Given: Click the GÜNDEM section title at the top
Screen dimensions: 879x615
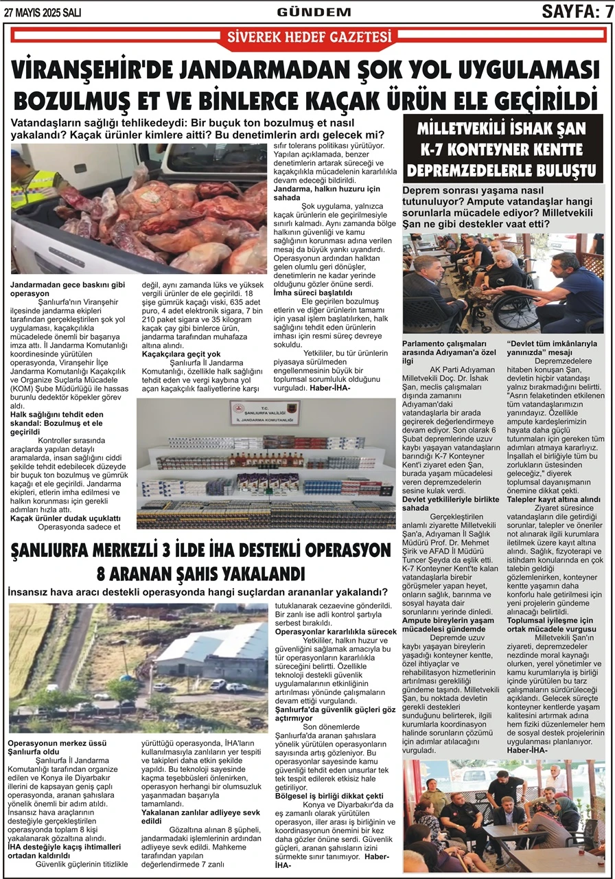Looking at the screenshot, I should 304,11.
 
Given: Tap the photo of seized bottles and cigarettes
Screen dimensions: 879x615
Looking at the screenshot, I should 266,464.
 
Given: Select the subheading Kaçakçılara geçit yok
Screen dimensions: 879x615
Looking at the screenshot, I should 177,354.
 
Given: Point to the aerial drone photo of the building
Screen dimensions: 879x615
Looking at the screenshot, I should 139,667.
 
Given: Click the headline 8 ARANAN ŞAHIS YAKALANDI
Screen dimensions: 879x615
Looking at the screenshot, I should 200,573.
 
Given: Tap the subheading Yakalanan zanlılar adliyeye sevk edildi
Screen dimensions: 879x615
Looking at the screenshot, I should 202,815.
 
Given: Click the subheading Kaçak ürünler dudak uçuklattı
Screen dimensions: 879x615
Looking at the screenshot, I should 66,518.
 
